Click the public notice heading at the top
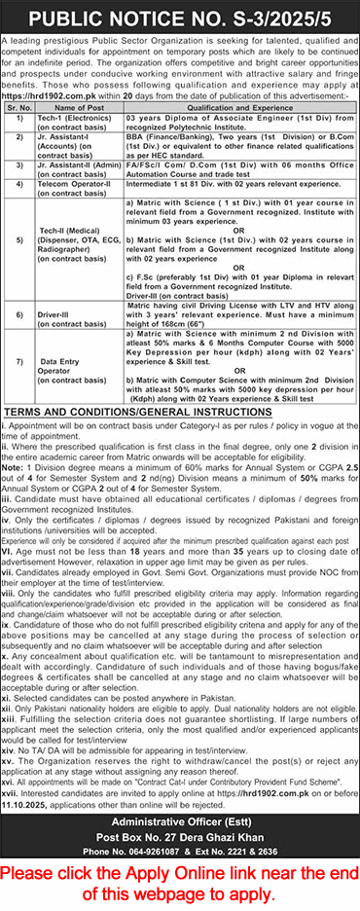tap(180, 17)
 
